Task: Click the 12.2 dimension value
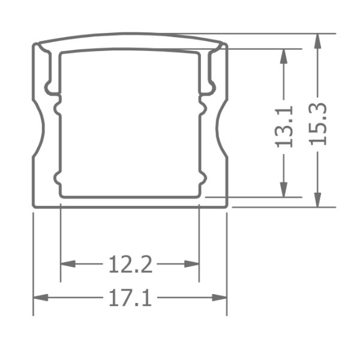click(x=130, y=264)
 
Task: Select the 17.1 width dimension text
click(x=130, y=298)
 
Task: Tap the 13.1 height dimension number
click(x=284, y=127)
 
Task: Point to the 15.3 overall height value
click(x=317, y=124)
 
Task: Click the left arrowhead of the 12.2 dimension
click(x=68, y=264)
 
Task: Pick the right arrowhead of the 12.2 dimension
click(x=192, y=264)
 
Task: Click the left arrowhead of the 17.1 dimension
click(x=41, y=298)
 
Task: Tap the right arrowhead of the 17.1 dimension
click(x=219, y=298)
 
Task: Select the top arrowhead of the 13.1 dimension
click(x=284, y=56)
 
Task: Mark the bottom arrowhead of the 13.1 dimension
click(x=284, y=190)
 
